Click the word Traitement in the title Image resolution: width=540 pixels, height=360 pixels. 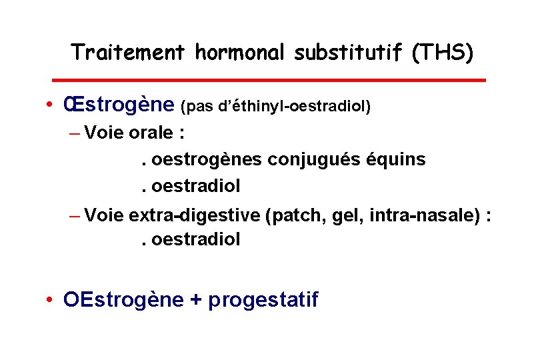tap(127, 51)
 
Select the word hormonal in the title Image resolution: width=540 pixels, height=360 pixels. tap(245, 51)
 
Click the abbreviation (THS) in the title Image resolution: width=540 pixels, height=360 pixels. tap(443, 51)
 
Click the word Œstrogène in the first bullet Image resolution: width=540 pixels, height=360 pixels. tap(119, 105)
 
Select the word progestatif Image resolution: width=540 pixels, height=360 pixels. tap(263, 300)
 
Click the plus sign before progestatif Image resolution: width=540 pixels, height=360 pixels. tap(195, 300)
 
